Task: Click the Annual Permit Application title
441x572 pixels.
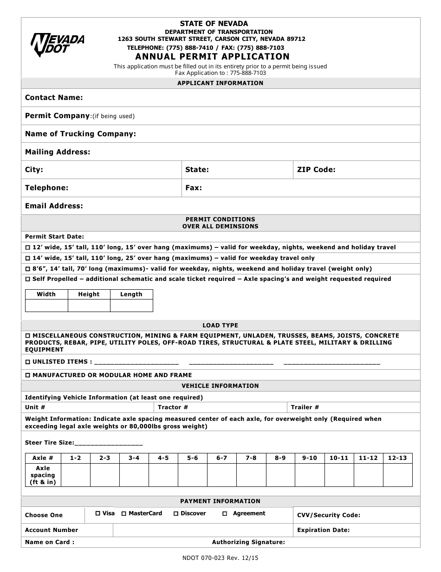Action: [x=213, y=57]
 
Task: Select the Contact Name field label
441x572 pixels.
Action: [x=54, y=98]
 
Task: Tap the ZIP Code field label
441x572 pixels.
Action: [x=316, y=170]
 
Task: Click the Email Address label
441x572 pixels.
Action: [x=54, y=206]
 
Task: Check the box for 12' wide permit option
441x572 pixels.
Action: [x=27, y=248]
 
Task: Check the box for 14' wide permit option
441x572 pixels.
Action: [x=27, y=258]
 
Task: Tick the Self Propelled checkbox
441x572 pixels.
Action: [x=27, y=279]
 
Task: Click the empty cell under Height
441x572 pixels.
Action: [x=89, y=306]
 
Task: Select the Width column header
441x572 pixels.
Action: [x=46, y=294]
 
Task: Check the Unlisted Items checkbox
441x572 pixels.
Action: [x=27, y=362]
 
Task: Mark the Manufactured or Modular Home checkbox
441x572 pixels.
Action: [x=27, y=375]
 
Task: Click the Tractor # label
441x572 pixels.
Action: [x=173, y=407]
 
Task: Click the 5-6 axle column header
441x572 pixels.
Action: [x=192, y=458]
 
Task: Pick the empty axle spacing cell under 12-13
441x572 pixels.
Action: [x=397, y=475]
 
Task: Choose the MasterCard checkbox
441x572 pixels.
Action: [x=124, y=514]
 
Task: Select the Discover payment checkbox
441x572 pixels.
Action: [x=176, y=514]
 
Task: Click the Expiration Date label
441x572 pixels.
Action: [x=323, y=530]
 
